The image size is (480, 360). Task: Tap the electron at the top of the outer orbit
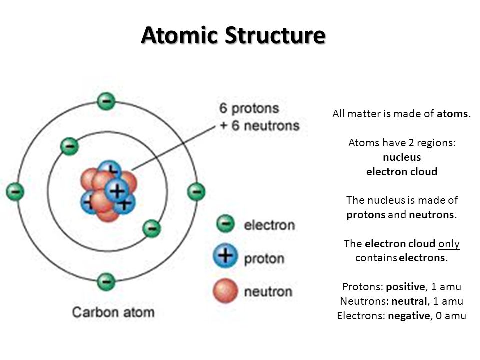106,101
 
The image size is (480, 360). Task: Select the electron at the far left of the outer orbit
15,192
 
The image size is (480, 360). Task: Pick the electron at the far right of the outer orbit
196,192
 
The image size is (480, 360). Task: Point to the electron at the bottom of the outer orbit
106,281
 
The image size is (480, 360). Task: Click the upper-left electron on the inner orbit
70,146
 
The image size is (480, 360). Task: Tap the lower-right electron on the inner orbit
152,228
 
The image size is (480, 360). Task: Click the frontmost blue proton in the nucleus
116,191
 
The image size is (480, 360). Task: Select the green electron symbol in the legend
225,224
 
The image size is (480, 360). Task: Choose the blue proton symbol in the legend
225,256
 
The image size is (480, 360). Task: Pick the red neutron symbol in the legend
225,291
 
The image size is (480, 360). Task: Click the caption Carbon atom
113,312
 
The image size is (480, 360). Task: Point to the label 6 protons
249,108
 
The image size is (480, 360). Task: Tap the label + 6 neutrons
260,126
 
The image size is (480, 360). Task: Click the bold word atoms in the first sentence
452,114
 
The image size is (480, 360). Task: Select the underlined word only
449,244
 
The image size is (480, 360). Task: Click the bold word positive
405,287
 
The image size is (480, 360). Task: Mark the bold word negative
409,315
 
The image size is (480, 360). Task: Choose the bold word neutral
409,301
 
